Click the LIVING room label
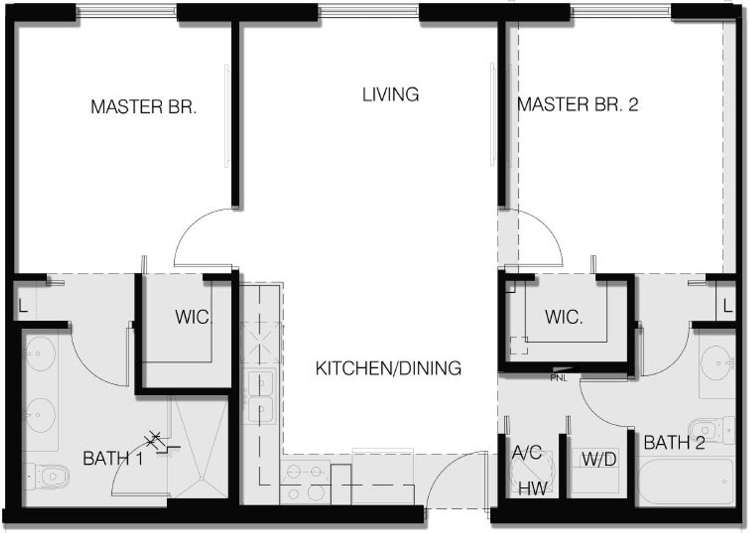[390, 95]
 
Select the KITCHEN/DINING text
[388, 368]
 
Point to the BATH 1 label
[113, 458]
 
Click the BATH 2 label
[674, 443]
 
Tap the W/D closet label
[598, 459]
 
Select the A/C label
[527, 453]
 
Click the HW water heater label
[532, 488]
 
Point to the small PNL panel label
[558, 378]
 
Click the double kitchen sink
[261, 397]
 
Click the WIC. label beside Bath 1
[194, 317]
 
